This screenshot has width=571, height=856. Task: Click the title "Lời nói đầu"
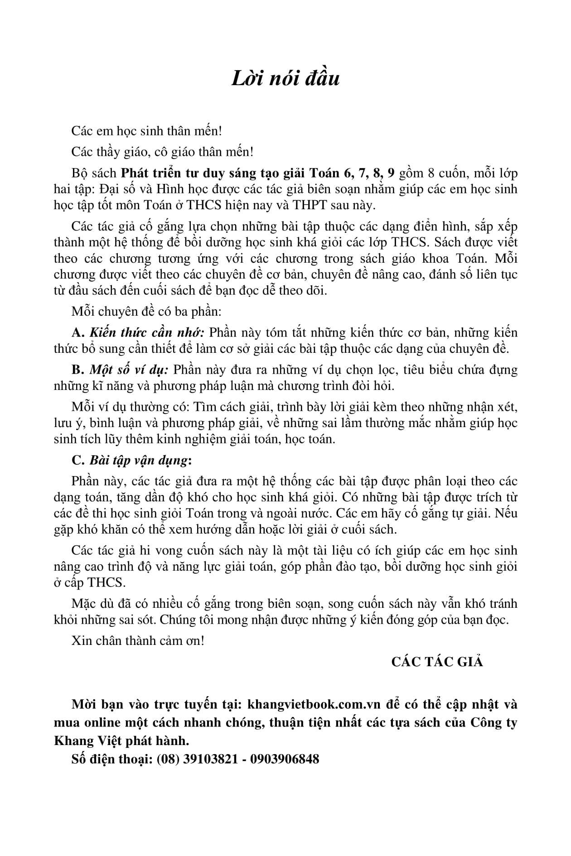[285, 79]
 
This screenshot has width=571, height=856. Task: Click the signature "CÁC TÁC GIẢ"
[437, 662]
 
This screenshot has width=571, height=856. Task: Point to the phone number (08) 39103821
[197, 759]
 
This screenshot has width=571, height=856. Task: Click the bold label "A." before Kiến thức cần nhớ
[78, 332]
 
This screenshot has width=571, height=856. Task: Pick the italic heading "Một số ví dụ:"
[129, 370]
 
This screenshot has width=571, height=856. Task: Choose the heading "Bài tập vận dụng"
[138, 460]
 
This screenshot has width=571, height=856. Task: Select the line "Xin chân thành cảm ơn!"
[138, 641]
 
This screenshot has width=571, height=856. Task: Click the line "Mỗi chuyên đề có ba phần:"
[146, 312]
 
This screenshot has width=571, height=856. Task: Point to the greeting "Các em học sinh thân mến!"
[147, 131]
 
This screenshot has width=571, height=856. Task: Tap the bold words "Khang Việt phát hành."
[121, 741]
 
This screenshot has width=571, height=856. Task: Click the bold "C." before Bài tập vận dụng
[78, 460]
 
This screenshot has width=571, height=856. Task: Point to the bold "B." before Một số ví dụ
[78, 370]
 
